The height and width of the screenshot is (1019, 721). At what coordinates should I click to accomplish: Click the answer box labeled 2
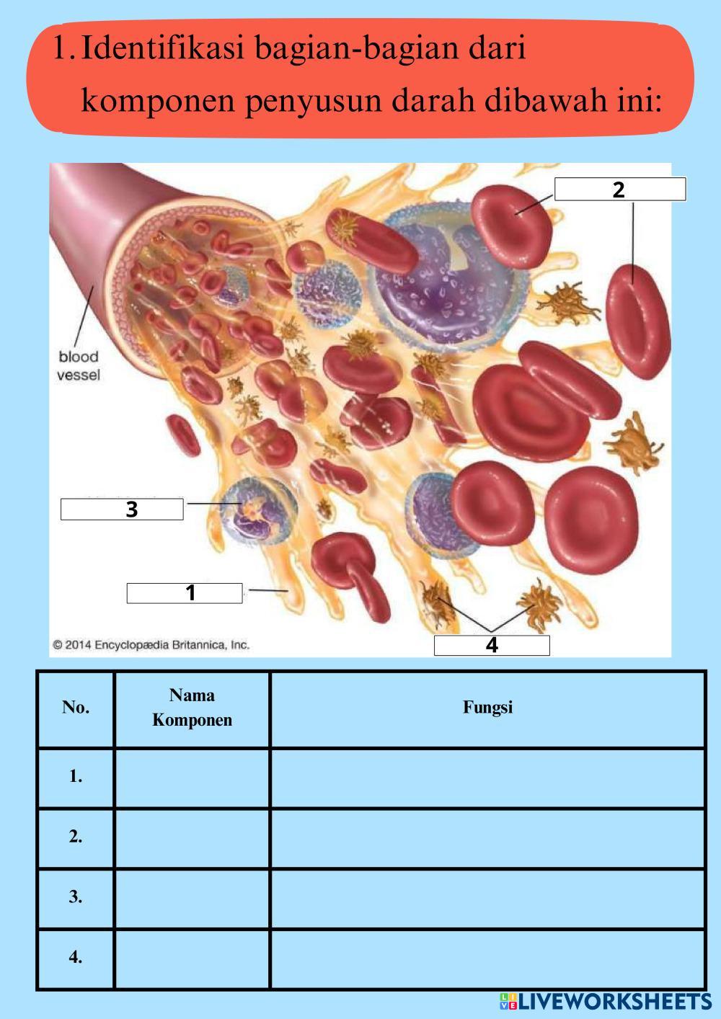[620, 190]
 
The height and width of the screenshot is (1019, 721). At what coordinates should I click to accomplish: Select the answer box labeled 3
[122, 509]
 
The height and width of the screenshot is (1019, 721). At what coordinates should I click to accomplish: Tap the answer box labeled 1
[185, 592]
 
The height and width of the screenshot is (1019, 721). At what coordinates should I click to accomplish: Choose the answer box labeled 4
[492, 645]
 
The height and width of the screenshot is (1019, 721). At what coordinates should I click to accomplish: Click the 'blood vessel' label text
[79, 365]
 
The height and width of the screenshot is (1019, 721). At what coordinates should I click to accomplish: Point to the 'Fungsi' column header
[487, 707]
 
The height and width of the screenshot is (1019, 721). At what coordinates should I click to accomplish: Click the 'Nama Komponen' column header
[192, 707]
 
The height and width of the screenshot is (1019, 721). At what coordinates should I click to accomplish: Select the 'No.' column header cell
[76, 707]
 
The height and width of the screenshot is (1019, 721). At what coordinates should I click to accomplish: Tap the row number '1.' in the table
[76, 777]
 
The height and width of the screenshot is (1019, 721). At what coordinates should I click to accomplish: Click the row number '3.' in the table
[76, 897]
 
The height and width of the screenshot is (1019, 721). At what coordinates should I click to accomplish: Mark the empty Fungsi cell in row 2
[487, 837]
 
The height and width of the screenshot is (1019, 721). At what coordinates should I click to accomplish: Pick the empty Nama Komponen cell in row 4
[192, 958]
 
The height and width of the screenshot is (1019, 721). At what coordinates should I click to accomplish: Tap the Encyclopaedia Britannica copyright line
[151, 645]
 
